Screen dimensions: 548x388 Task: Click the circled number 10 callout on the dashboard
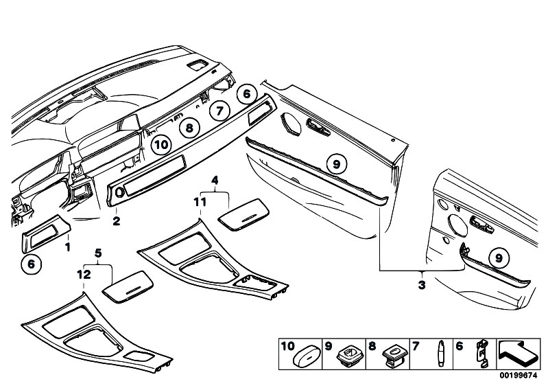[x=161, y=144]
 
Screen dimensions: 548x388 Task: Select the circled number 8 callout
[x=189, y=128]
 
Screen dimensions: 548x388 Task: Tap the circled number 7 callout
[x=219, y=111]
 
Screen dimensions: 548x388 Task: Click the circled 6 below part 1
[x=32, y=264]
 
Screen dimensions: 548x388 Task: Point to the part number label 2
[x=117, y=220]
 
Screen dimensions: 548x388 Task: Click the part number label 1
[x=68, y=247]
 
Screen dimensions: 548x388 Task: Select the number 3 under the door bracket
[x=422, y=285]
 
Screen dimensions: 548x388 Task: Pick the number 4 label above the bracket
[x=215, y=181]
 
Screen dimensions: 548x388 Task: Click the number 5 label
[x=98, y=253]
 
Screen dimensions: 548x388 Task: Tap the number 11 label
[x=200, y=202]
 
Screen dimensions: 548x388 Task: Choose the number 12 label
[x=84, y=275]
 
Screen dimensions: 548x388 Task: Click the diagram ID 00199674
[x=518, y=376]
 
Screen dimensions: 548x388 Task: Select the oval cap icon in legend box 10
[x=307, y=356]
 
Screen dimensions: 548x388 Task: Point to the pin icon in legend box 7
[x=441, y=354]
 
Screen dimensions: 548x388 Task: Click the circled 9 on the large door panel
[x=337, y=164]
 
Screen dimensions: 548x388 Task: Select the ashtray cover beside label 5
[x=128, y=286]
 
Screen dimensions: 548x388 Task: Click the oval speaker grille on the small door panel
[x=458, y=226]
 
